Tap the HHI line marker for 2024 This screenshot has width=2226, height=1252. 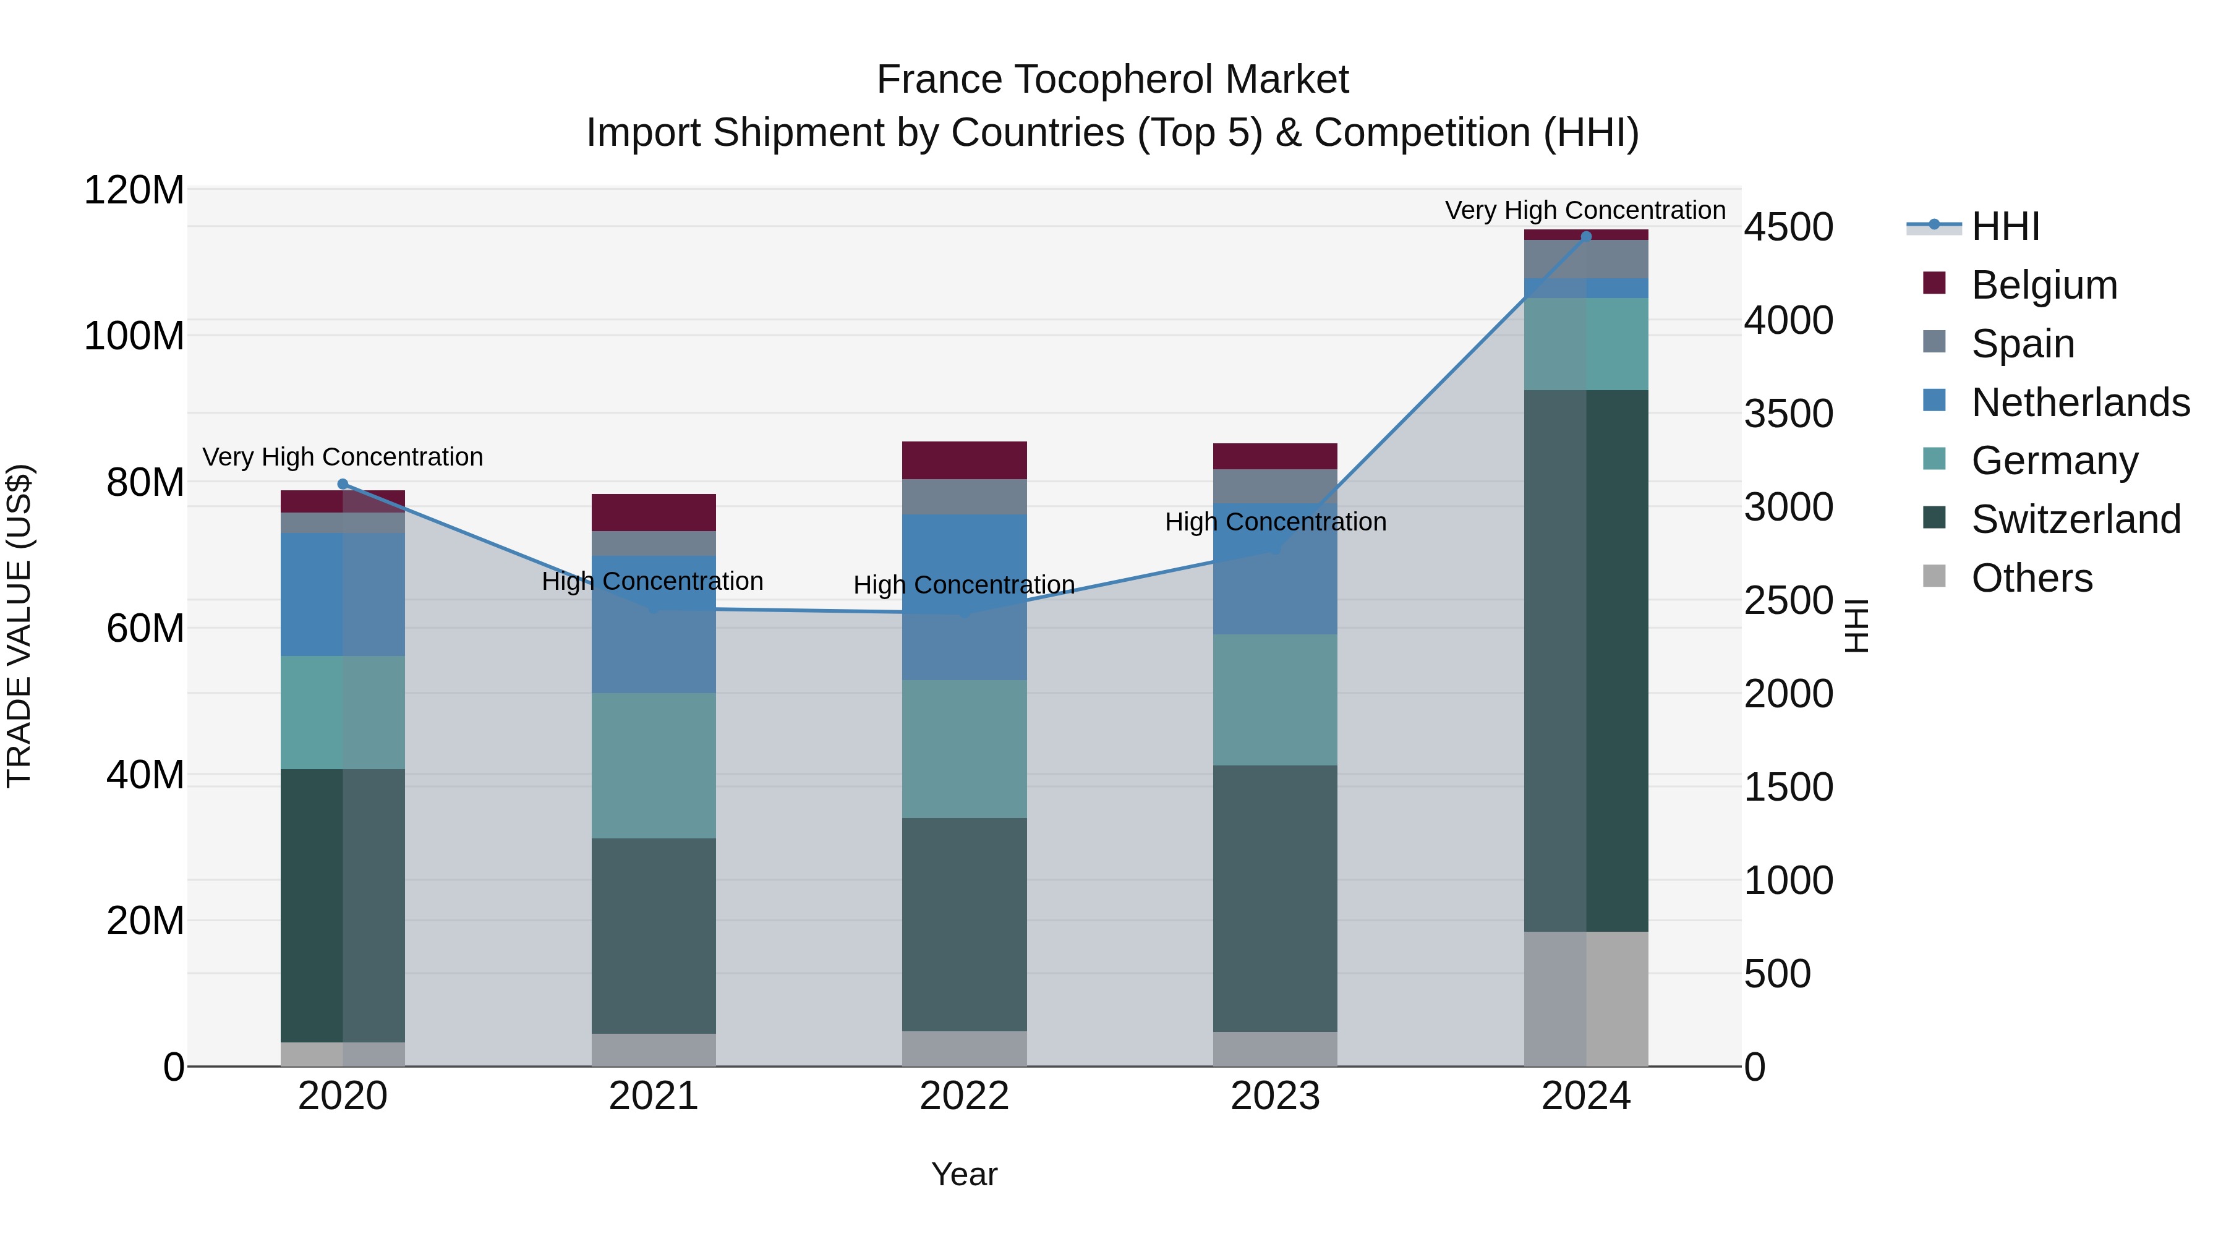[x=1585, y=236]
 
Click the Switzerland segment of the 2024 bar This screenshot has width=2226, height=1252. [x=1585, y=660]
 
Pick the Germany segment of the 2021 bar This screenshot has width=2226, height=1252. [x=654, y=765]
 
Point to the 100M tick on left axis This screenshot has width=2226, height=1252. [x=134, y=335]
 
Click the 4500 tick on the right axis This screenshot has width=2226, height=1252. [x=1788, y=228]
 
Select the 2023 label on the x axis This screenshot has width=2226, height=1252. [x=1276, y=1096]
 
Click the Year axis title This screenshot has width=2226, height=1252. [x=965, y=1174]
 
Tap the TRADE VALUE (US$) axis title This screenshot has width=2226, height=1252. [x=19, y=626]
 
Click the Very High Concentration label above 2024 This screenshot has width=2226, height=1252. [x=1585, y=210]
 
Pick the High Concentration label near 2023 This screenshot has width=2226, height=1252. [x=1276, y=522]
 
